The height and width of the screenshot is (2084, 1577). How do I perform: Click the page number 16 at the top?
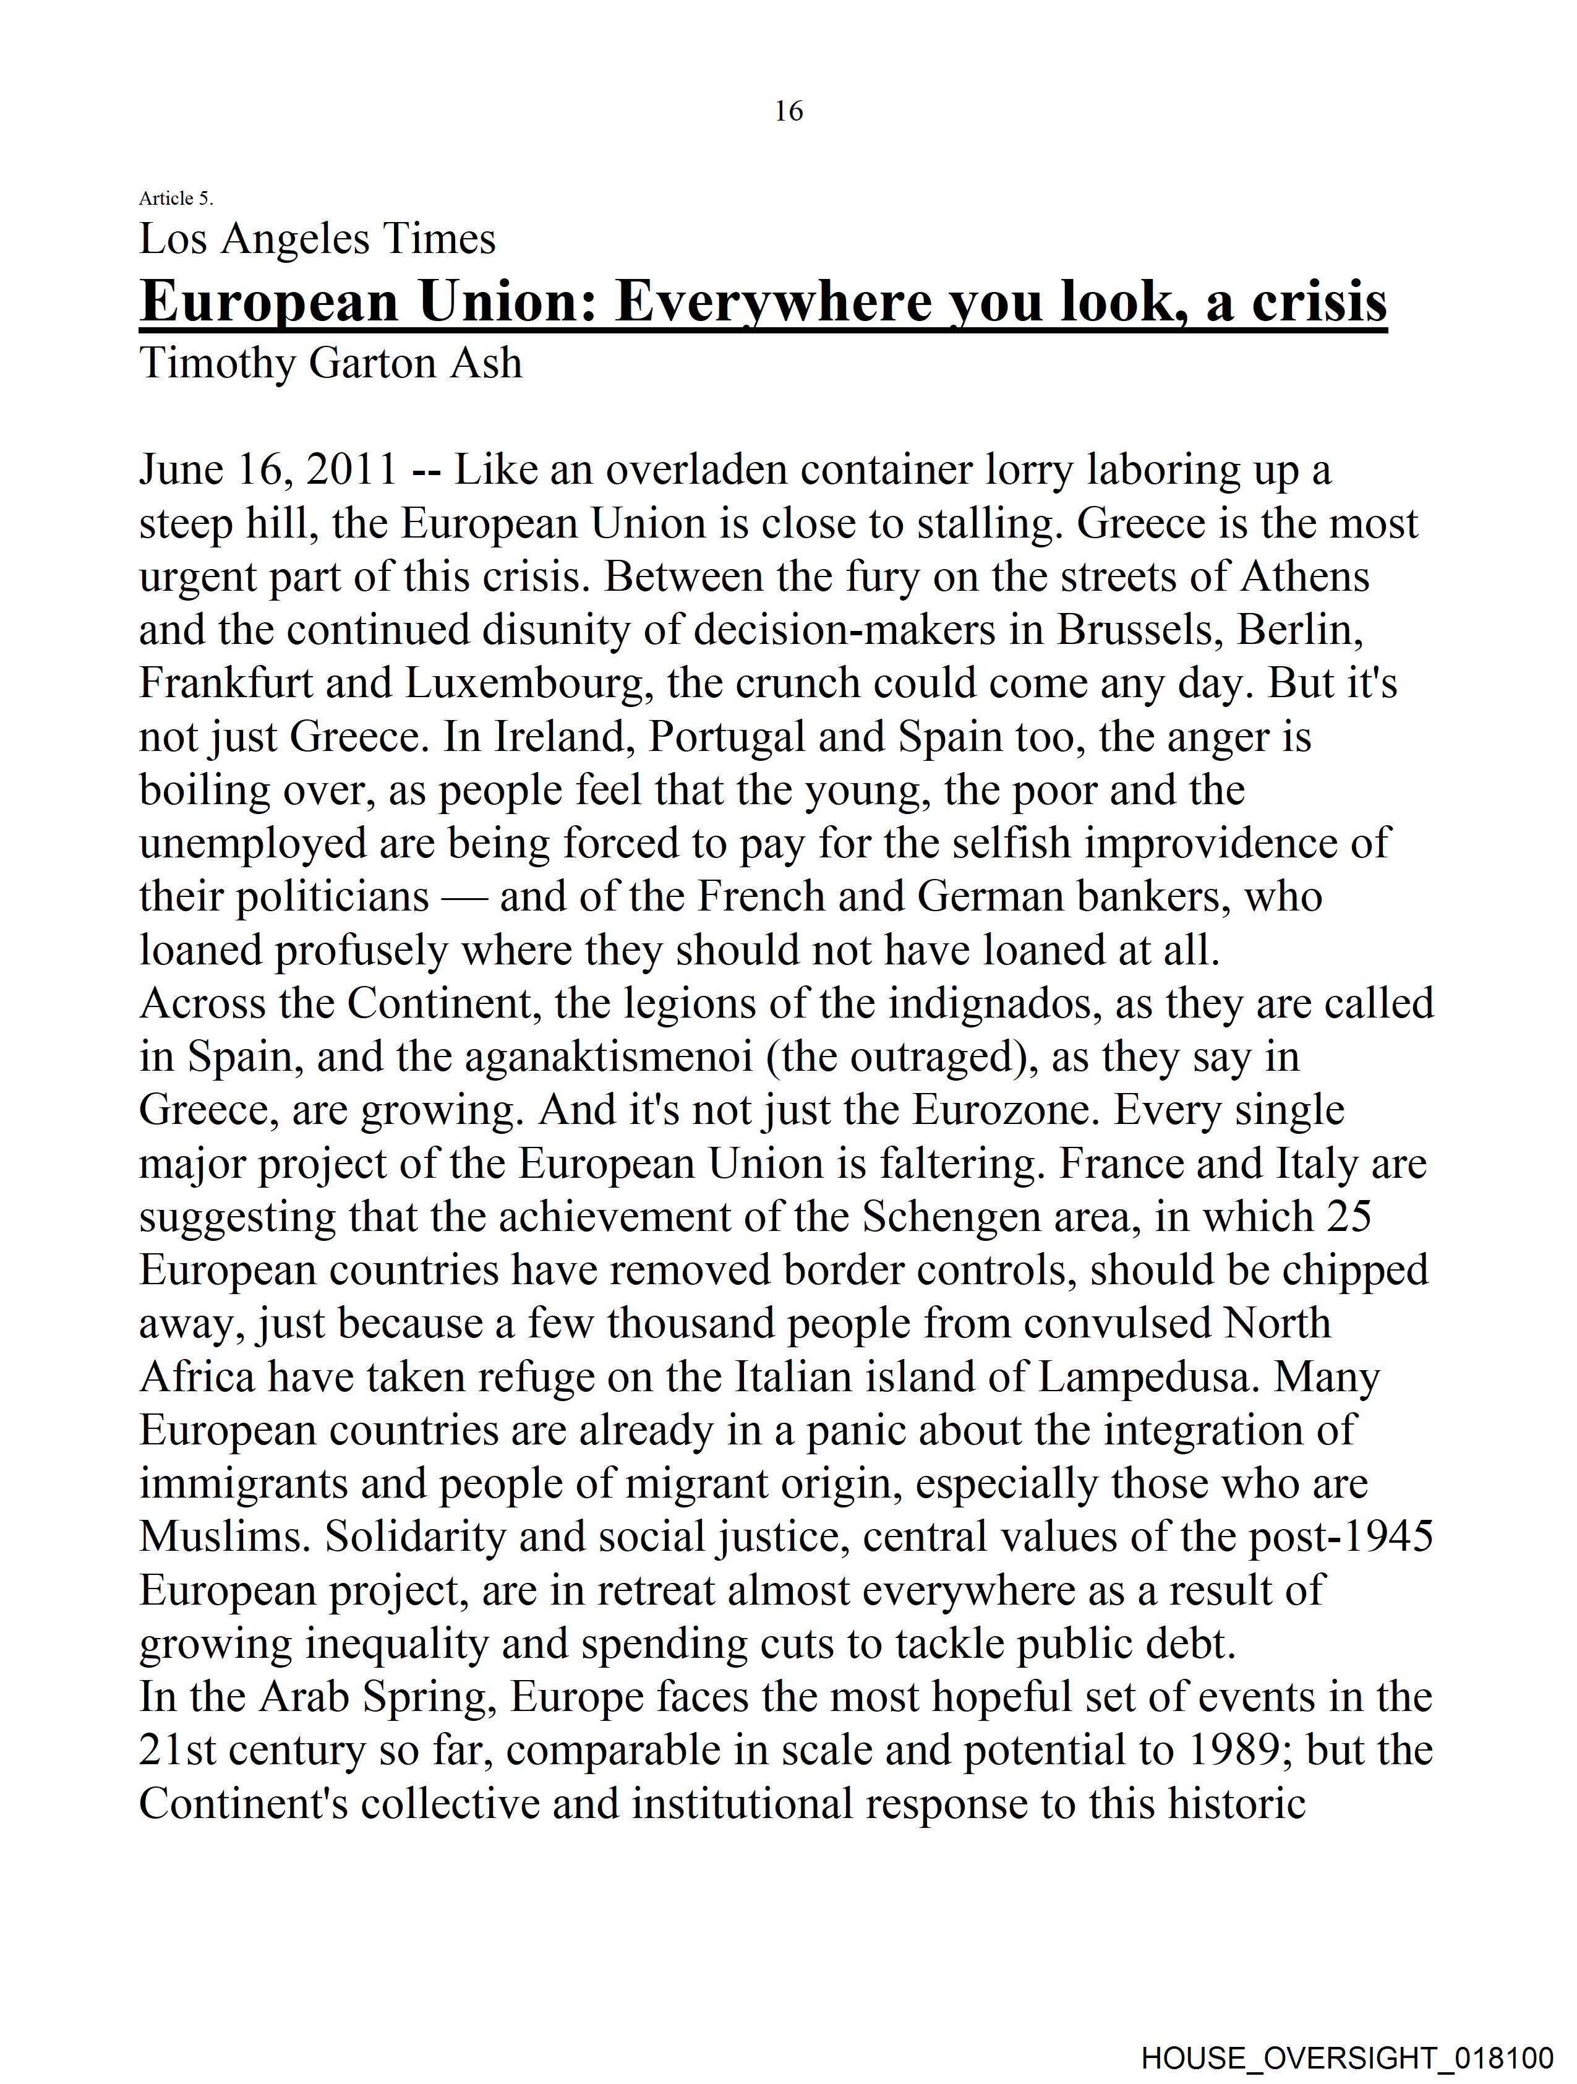[x=788, y=111]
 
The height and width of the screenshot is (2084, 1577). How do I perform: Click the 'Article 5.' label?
[x=176, y=198]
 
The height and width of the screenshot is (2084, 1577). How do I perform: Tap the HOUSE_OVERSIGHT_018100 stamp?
[x=1347, y=2057]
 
